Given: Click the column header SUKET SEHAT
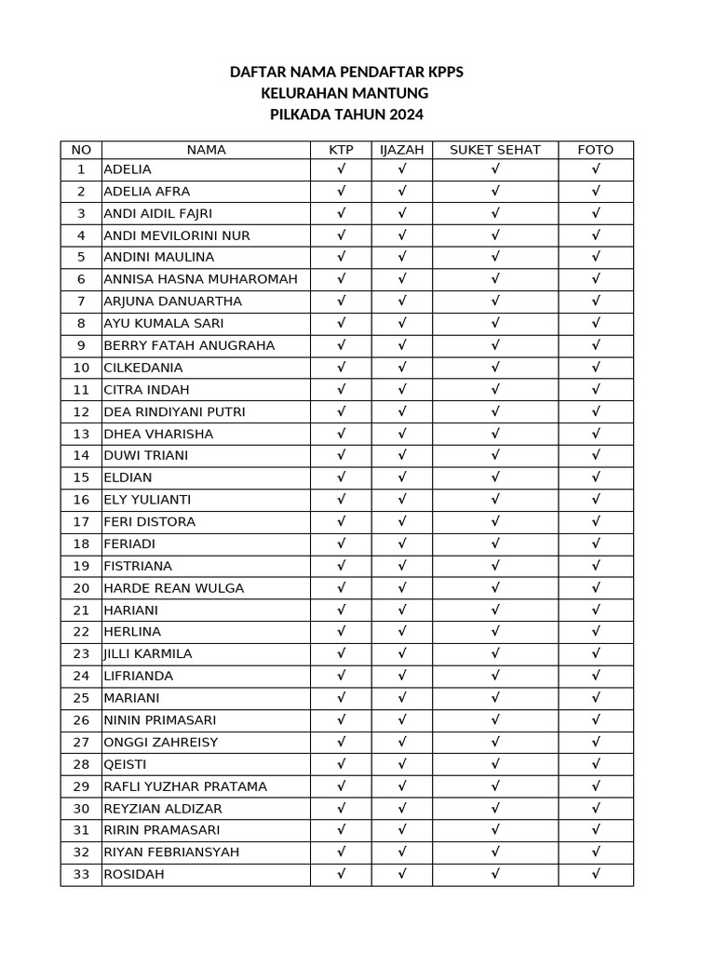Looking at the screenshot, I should pyautogui.click(x=494, y=150).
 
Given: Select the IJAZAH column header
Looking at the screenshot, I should pyautogui.click(x=401, y=150).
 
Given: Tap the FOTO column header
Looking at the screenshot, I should pyautogui.click(x=595, y=150).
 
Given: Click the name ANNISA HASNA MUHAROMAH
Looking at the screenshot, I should pyautogui.click(x=200, y=279).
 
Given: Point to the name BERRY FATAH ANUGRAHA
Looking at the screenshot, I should pyautogui.click(x=189, y=345).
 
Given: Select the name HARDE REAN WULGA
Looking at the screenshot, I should pyautogui.click(x=173, y=588).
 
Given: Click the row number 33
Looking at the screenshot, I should pyautogui.click(x=81, y=874).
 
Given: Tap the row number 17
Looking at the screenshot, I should pyautogui.click(x=81, y=522).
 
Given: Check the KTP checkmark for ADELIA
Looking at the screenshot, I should pyautogui.click(x=342, y=169).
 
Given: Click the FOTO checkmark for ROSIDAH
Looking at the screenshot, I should pyautogui.click(x=596, y=874).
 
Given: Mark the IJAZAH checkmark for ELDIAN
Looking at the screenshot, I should pyautogui.click(x=402, y=477).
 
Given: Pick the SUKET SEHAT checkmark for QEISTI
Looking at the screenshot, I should pyautogui.click(x=495, y=764).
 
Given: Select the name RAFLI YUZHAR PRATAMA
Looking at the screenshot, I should pyautogui.click(x=185, y=786).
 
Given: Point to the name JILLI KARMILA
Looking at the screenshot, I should pyautogui.click(x=148, y=654).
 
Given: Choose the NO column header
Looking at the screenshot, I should pyautogui.click(x=81, y=150).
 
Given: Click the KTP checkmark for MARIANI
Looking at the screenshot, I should pyautogui.click(x=342, y=698).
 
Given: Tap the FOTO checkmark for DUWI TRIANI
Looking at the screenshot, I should pyautogui.click(x=596, y=455).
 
